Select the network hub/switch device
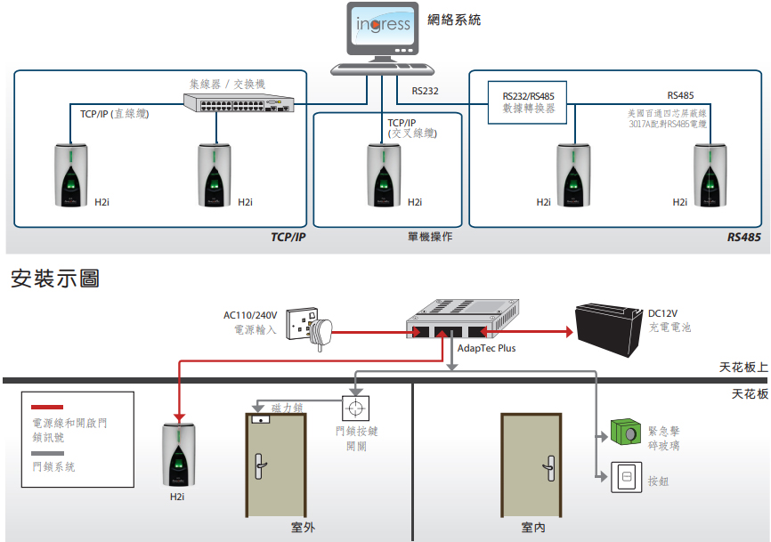point(239,102)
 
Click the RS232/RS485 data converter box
point(527,102)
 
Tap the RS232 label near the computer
point(425,91)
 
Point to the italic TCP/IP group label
point(288,237)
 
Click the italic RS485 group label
point(743,238)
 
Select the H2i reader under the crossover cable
point(384,175)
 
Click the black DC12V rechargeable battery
point(609,328)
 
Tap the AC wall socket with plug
point(309,327)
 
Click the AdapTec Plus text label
point(486,348)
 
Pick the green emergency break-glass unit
point(626,432)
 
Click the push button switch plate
point(627,477)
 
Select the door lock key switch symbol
point(355,409)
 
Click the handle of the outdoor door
point(260,465)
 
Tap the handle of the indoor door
point(549,468)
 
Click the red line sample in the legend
point(47,407)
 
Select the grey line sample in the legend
point(47,453)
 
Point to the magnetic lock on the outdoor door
point(260,419)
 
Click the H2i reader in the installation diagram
point(178,455)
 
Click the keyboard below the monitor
point(382,69)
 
